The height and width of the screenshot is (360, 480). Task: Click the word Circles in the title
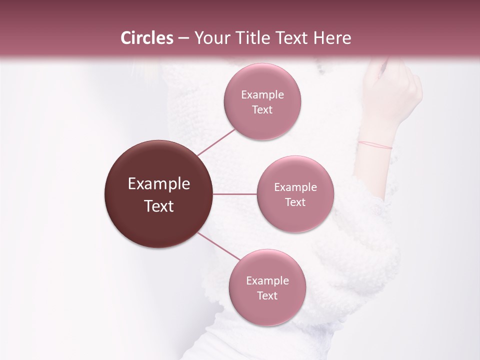[x=147, y=38]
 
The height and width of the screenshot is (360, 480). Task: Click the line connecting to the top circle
[x=216, y=142]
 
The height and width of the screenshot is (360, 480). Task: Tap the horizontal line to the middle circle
[x=235, y=194]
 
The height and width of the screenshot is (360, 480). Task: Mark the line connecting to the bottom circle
[x=219, y=246]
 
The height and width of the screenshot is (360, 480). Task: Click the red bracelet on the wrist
[x=374, y=145]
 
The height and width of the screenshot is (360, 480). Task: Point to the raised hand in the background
[x=395, y=92]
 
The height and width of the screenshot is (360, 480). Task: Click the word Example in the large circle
[x=159, y=184]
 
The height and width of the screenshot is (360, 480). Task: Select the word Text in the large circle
[x=159, y=206]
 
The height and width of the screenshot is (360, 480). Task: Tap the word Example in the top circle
[x=262, y=95]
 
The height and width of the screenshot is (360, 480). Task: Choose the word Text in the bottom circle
[x=267, y=295]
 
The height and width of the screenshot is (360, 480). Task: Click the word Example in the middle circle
[x=295, y=187]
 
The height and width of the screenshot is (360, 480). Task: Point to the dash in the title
[x=183, y=38]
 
